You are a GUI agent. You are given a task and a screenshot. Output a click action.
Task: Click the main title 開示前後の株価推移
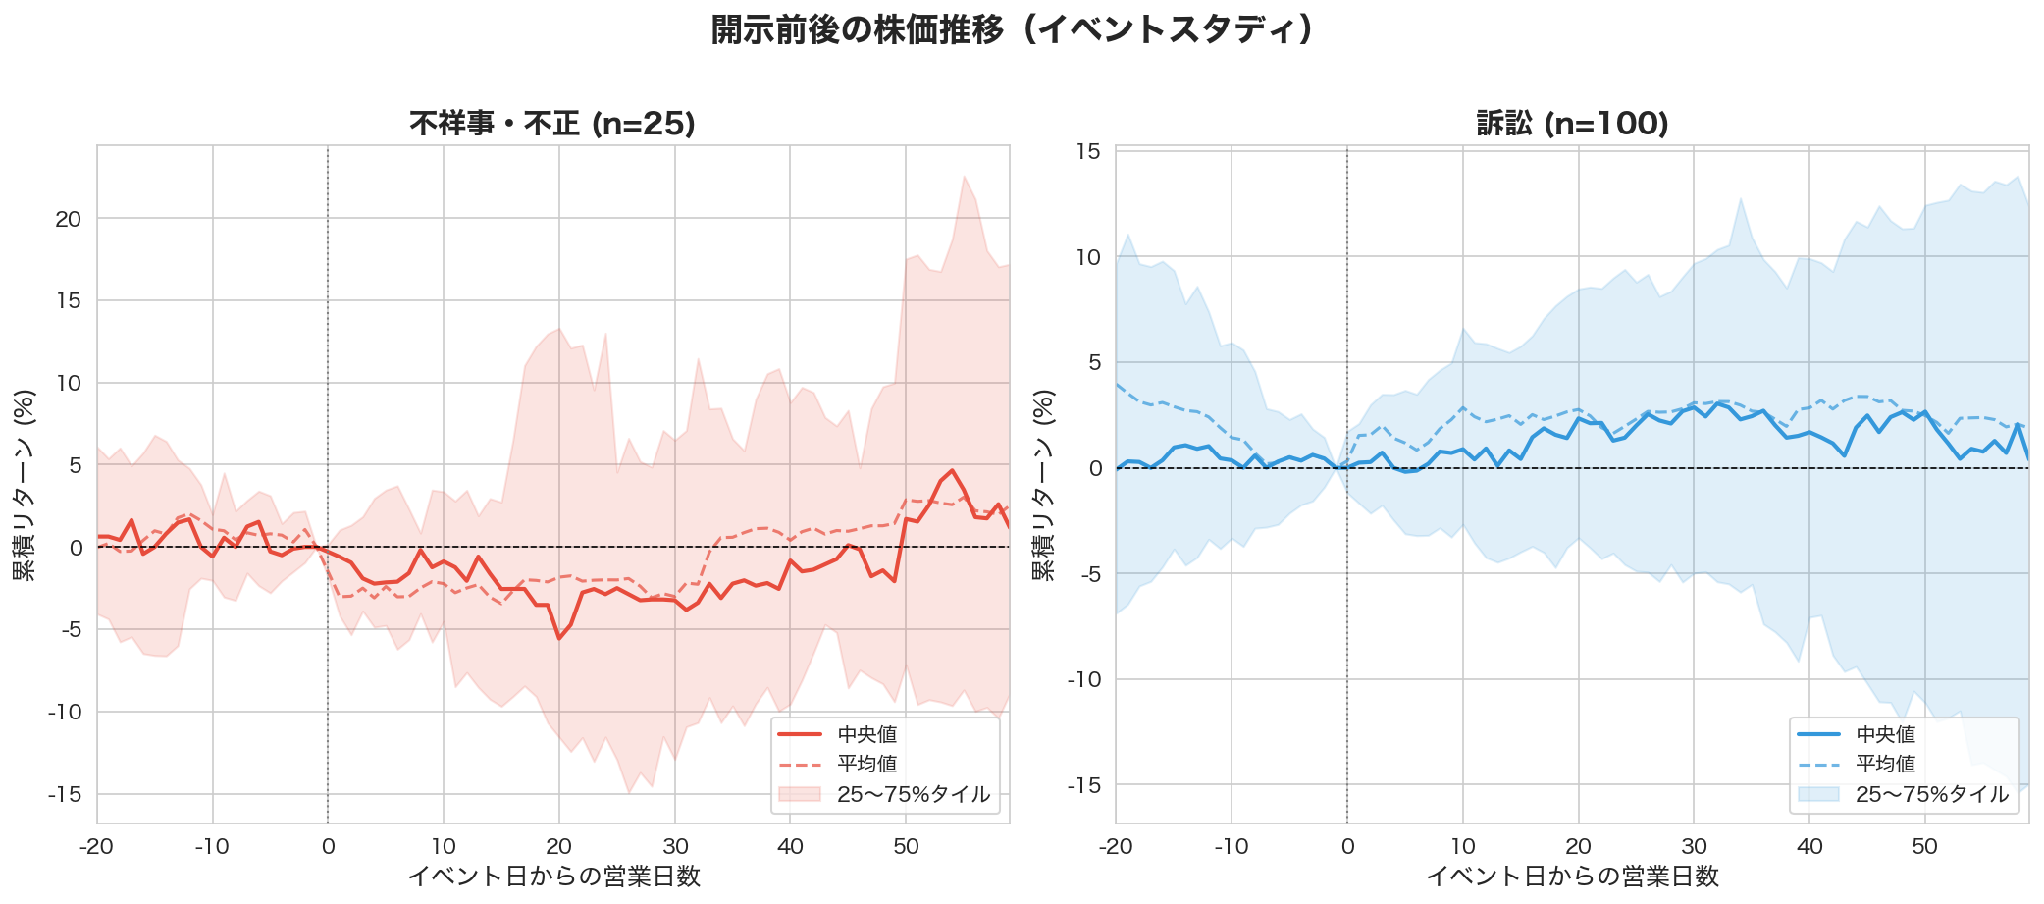pyautogui.click(x=1012, y=29)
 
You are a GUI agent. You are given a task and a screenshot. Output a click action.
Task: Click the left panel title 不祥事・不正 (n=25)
pyautogui.click(x=552, y=124)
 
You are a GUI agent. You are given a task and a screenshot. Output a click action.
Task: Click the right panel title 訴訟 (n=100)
pyautogui.click(x=1572, y=124)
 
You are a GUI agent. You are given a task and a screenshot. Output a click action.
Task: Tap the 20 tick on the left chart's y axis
pyautogui.click(x=68, y=219)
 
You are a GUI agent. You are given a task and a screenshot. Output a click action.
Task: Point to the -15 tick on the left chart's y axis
pyautogui.click(x=65, y=794)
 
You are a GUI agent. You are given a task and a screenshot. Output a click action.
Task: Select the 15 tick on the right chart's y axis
pyautogui.click(x=1088, y=151)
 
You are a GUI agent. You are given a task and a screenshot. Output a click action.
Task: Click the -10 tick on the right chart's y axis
pyautogui.click(x=1084, y=679)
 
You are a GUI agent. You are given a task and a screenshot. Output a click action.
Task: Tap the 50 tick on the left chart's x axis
pyautogui.click(x=906, y=846)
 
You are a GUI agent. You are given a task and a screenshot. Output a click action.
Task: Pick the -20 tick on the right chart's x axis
pyautogui.click(x=1116, y=846)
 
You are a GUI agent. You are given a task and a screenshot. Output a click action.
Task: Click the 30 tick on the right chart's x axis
pyautogui.click(x=1694, y=846)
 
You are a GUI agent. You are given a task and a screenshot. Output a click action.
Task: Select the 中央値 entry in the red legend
pyautogui.click(x=866, y=734)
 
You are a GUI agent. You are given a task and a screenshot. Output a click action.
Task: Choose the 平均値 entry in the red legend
pyautogui.click(x=866, y=764)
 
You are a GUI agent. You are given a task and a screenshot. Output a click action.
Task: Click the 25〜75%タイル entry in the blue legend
pyautogui.click(x=1931, y=794)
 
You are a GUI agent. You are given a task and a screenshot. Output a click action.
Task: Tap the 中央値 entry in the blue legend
pyautogui.click(x=1885, y=734)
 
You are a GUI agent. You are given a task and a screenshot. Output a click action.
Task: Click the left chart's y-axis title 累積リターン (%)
pyautogui.click(x=25, y=485)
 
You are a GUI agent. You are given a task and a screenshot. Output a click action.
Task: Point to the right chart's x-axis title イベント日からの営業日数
pyautogui.click(x=1572, y=876)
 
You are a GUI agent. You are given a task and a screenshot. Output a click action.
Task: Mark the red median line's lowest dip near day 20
pyautogui.click(x=559, y=639)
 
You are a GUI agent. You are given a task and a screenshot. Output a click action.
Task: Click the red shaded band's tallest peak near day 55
pyautogui.click(x=965, y=177)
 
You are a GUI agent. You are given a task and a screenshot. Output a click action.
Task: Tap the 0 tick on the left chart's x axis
pyautogui.click(x=328, y=846)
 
